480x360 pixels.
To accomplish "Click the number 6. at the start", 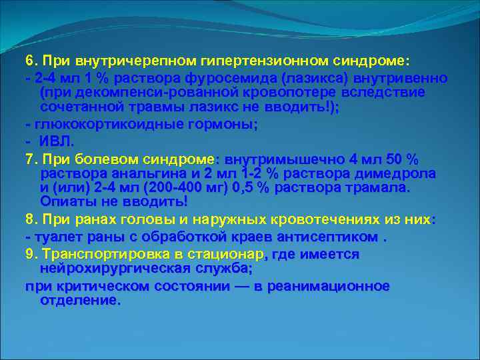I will point(31,60).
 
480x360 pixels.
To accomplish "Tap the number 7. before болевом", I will point(31,159).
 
